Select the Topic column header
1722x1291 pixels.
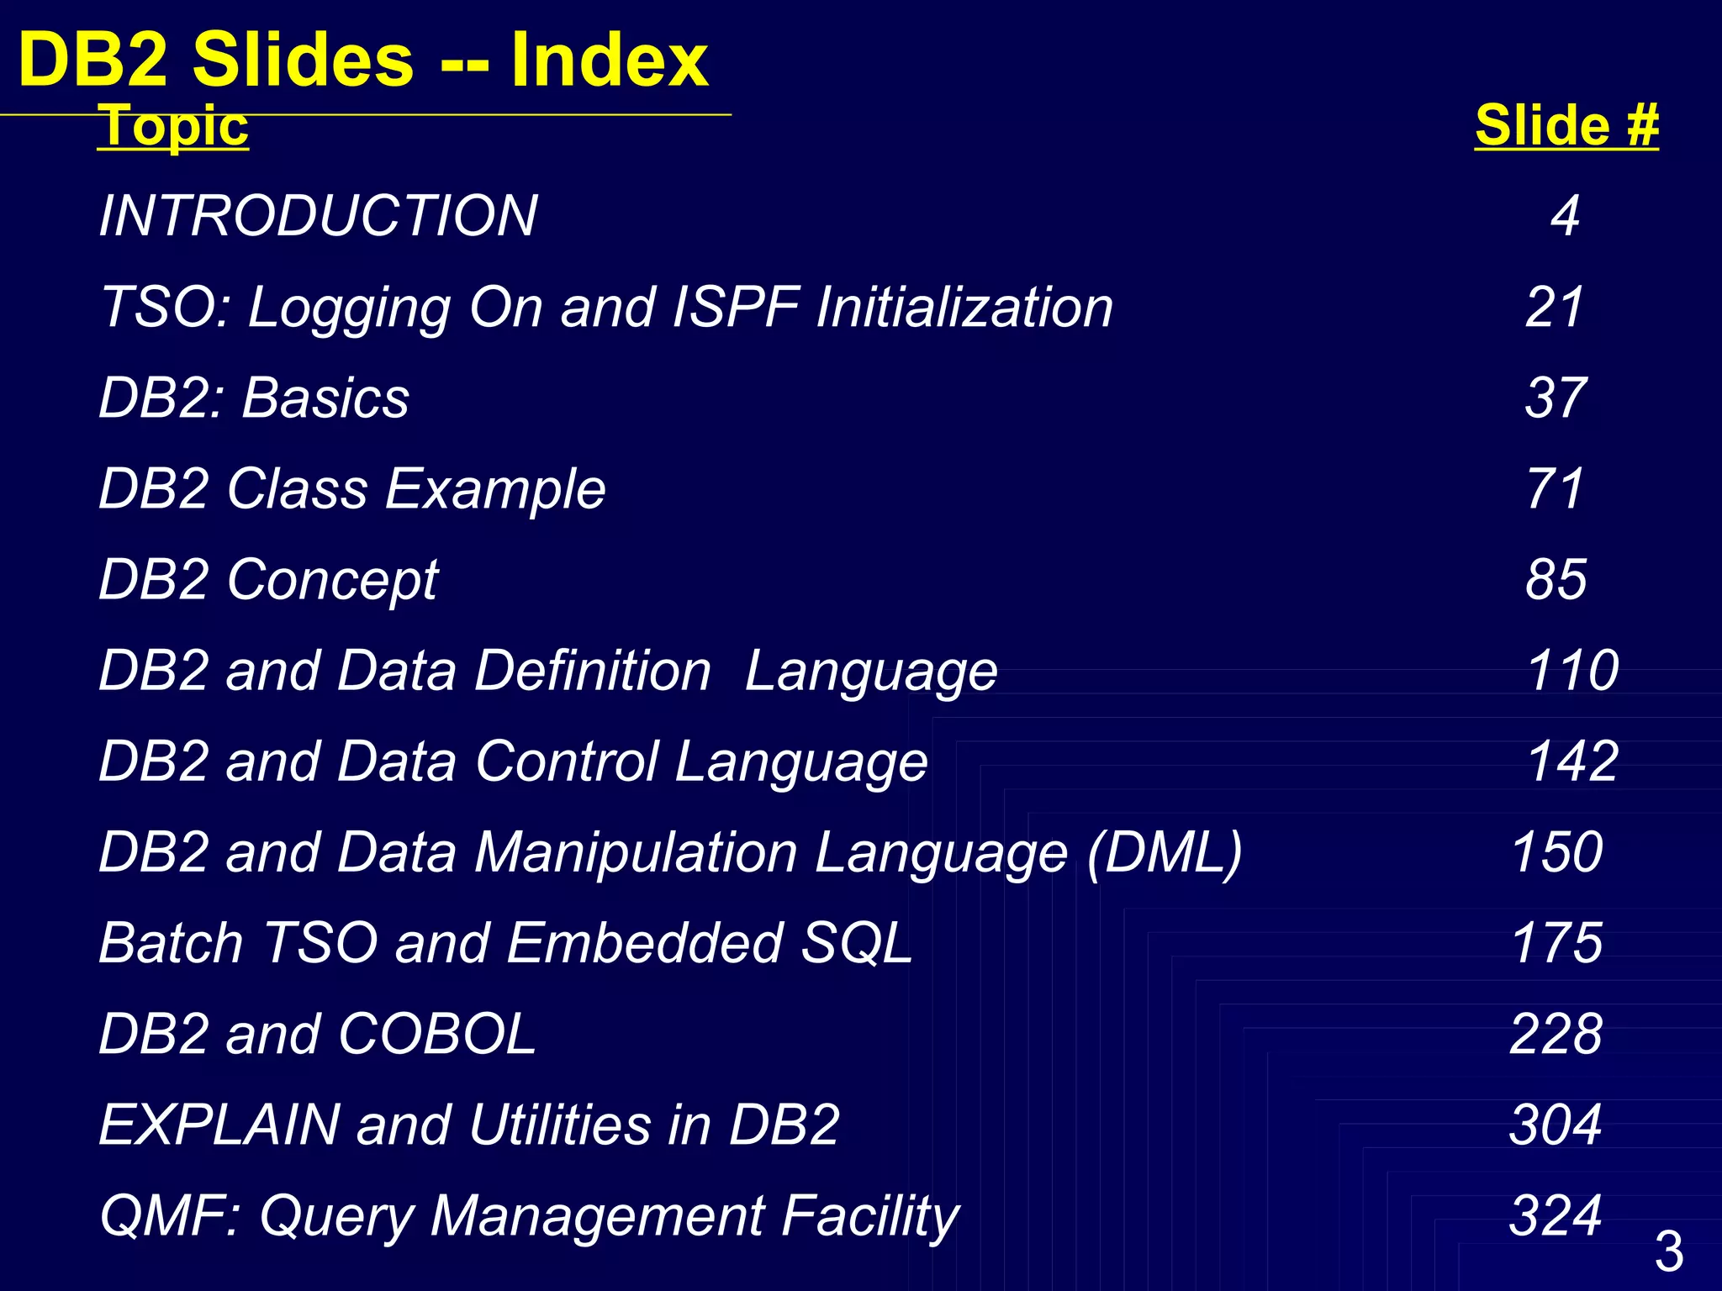[x=173, y=126]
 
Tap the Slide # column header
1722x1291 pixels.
[x=1566, y=126]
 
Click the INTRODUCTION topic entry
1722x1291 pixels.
[x=319, y=216]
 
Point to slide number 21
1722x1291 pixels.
[x=1555, y=307]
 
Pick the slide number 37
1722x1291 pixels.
[x=1556, y=398]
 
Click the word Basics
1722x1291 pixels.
[x=325, y=398]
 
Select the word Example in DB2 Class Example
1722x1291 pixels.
[x=495, y=488]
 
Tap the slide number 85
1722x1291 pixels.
[x=1556, y=579]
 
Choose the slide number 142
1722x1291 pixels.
[x=1572, y=761]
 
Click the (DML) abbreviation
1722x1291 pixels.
[x=1165, y=852]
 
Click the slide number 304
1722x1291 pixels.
[x=1556, y=1125]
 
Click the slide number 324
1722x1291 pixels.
[x=1556, y=1215]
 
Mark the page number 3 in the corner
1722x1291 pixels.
[x=1669, y=1251]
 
